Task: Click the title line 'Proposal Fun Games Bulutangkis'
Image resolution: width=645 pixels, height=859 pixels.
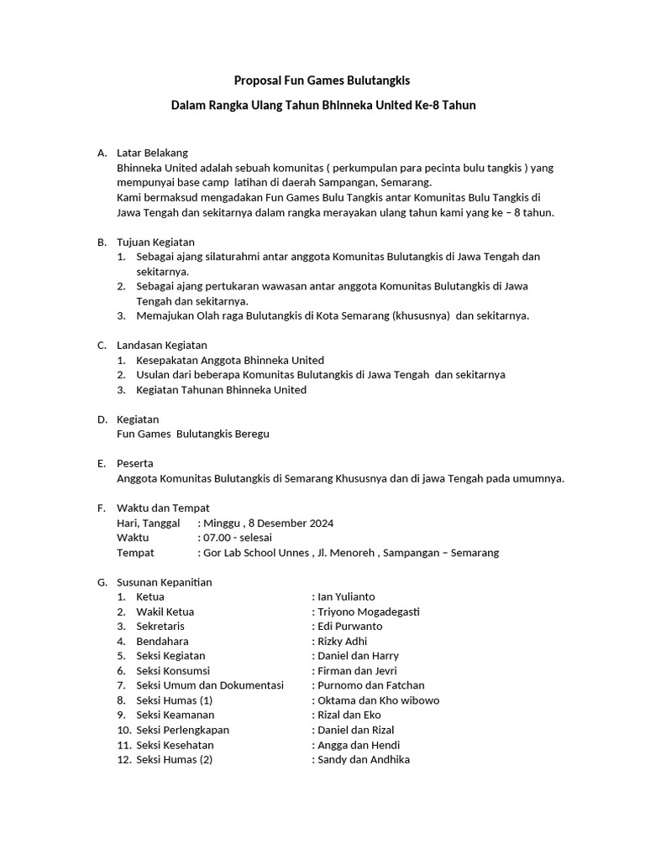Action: click(322, 81)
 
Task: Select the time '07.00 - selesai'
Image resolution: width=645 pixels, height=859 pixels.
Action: click(237, 538)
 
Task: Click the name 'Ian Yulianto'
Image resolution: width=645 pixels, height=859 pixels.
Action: click(346, 596)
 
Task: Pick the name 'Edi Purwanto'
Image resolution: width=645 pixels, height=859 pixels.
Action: click(349, 626)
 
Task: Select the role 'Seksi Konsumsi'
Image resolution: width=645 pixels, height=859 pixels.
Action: click(173, 671)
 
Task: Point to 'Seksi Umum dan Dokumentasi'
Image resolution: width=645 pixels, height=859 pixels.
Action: click(210, 685)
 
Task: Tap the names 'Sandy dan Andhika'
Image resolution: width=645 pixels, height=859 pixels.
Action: click(364, 760)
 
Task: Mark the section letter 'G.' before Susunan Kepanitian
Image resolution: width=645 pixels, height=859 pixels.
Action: click(102, 581)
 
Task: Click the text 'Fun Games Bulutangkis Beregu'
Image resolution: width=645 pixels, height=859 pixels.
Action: click(193, 434)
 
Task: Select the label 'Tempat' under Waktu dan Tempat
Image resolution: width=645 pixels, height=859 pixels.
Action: click(135, 553)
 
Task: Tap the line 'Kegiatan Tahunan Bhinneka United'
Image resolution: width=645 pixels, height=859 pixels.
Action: click(221, 389)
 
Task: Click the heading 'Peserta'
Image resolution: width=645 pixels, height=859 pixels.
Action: click(134, 463)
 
